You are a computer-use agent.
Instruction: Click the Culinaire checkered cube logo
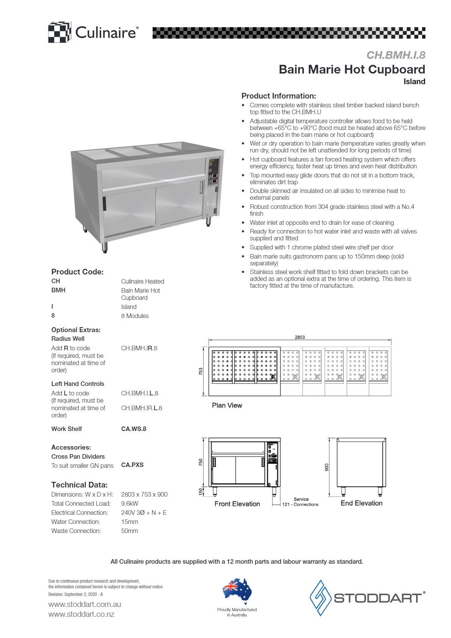coord(60,32)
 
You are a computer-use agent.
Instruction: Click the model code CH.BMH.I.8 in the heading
coord(396,55)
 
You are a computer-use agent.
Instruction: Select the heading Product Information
coord(279,96)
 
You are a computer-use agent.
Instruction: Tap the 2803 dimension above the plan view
coord(299,337)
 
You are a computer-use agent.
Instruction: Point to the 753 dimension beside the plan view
coord(201,371)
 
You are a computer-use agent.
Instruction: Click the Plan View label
coord(227,405)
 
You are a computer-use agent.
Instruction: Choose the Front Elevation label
coord(237,504)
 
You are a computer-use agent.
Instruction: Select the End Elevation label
coord(361,503)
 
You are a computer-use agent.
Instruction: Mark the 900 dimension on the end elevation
coord(327,467)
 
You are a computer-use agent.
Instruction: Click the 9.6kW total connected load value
coord(130,503)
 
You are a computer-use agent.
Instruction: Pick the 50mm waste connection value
coord(130,531)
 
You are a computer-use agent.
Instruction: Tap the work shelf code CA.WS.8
coord(133,429)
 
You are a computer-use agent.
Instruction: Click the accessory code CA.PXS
coord(132,465)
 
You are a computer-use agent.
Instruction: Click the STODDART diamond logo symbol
coord(321,597)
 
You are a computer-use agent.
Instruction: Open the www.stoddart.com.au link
coord(85,604)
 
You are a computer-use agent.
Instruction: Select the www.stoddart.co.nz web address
coord(81,614)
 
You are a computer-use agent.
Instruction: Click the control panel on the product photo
coord(213,171)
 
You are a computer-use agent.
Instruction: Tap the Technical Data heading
coord(79,485)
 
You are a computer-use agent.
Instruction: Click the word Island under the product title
coord(414,82)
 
